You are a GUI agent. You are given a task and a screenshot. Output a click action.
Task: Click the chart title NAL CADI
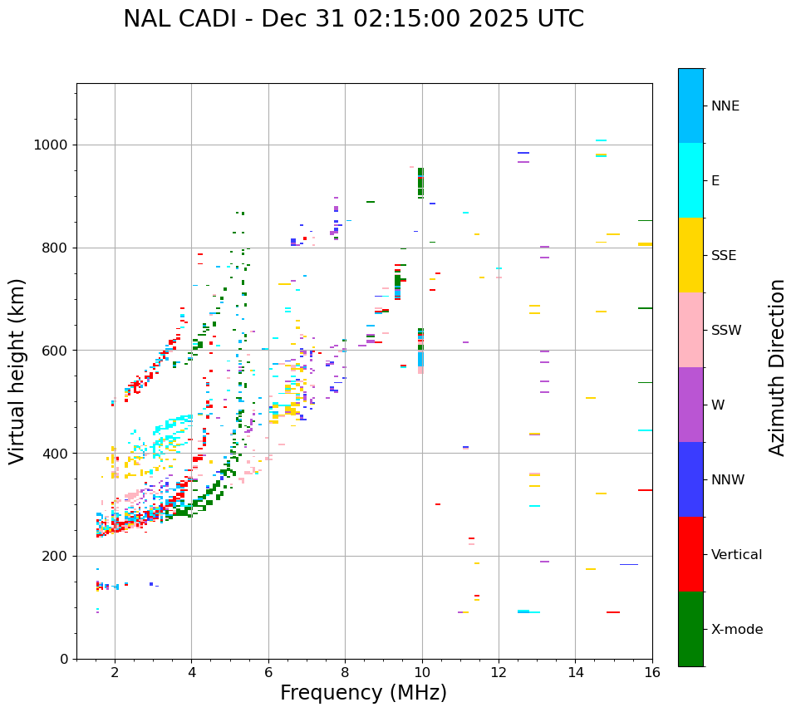353,19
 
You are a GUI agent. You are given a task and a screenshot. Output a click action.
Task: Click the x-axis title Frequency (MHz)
363,693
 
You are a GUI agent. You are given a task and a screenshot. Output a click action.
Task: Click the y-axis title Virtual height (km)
17,371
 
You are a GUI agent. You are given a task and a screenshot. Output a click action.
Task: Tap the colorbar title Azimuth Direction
777,367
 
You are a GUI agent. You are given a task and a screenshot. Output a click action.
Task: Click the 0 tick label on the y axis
65,659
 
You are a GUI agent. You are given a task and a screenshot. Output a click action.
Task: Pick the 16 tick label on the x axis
651,672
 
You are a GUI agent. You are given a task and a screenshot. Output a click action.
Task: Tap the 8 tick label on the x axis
345,672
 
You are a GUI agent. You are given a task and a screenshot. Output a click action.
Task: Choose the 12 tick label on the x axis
499,672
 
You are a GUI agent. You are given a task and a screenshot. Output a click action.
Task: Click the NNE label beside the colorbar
725,106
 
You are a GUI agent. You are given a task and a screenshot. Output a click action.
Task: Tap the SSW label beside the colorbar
726,331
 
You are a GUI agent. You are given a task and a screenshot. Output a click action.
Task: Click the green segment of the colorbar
690,629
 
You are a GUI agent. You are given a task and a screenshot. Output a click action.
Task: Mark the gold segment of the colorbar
690,255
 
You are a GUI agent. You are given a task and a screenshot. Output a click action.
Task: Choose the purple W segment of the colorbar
690,405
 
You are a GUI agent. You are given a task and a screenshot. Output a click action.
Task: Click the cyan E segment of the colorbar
690,180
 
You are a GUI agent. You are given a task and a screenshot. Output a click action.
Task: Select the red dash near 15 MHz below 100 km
613,612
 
